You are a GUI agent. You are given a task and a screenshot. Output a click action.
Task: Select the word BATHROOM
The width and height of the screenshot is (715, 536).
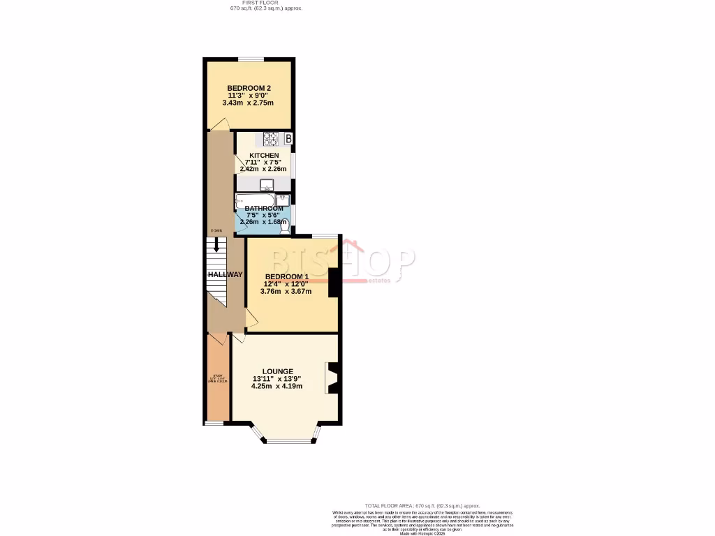pos(264,209)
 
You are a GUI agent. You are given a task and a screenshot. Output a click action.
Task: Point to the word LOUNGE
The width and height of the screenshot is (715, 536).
pos(278,371)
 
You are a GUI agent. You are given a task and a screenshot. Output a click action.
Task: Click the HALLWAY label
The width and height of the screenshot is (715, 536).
pos(225,275)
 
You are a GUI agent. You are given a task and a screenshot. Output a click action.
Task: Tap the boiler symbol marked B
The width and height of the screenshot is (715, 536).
pos(288,138)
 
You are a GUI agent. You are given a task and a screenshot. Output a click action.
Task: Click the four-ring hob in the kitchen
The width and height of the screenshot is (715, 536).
pos(270,137)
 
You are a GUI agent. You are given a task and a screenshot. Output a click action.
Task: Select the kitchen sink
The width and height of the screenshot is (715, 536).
pos(266,185)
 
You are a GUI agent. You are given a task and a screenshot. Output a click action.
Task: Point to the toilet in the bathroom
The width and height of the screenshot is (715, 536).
pos(283,226)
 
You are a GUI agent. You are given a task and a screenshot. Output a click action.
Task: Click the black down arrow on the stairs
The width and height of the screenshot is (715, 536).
pos(217,245)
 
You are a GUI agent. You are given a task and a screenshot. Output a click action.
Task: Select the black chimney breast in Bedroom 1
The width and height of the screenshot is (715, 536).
pos(334,283)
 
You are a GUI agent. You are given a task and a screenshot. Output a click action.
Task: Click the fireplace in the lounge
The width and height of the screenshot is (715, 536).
pos(332,378)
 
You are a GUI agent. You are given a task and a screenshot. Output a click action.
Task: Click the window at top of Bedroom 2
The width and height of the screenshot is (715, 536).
pos(249,59)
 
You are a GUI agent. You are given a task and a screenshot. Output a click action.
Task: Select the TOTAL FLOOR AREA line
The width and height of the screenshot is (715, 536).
pos(422,505)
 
